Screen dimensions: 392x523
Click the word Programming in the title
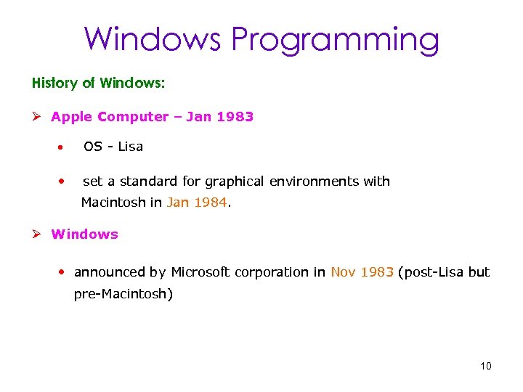coord(335,39)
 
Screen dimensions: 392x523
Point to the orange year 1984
coord(211,203)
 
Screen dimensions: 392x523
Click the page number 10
coord(485,366)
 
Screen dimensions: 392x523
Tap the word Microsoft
coord(200,272)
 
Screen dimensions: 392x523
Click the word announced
coord(110,272)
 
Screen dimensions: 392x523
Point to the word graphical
coord(235,181)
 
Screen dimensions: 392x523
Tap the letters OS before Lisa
coord(92,147)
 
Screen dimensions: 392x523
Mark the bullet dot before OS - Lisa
coord(63,147)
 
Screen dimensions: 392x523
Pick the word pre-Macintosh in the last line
coord(123,295)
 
